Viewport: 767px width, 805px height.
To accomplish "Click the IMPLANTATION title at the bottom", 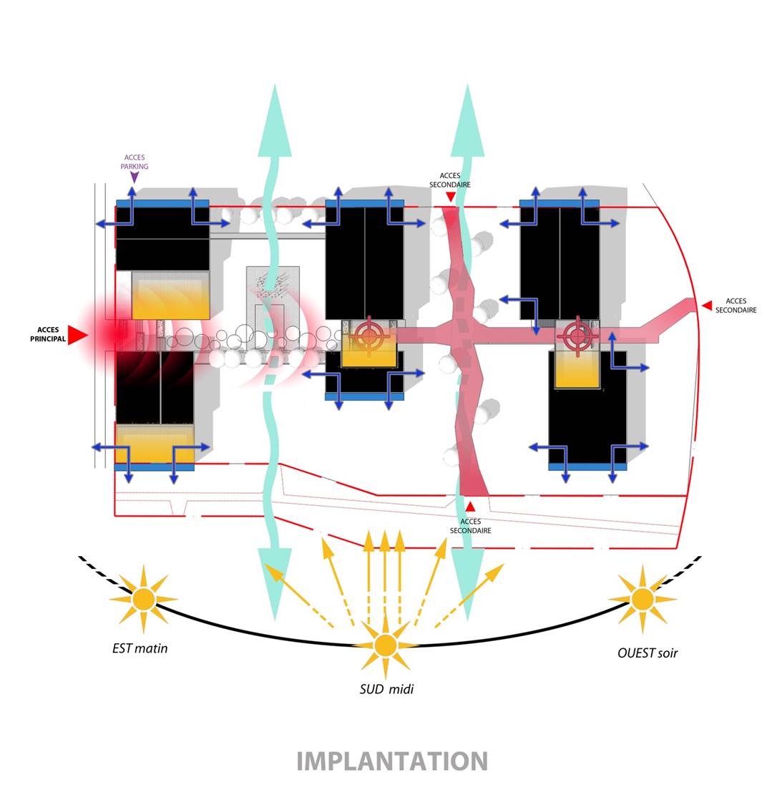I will click(x=391, y=761).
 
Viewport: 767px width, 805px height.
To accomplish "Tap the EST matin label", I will click(x=140, y=648).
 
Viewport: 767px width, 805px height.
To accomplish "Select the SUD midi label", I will click(x=386, y=689).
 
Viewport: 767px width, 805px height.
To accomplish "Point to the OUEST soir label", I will click(x=647, y=653).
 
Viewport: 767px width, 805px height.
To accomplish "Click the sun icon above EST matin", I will click(x=143, y=598).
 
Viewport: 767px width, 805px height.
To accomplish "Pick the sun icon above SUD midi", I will click(x=386, y=645).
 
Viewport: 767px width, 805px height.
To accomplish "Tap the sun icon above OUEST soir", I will click(x=642, y=598).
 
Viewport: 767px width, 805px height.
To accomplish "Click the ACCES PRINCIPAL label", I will click(x=48, y=334).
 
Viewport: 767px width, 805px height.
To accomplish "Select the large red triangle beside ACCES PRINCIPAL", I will click(x=77, y=335).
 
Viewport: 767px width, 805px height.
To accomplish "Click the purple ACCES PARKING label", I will click(x=135, y=162).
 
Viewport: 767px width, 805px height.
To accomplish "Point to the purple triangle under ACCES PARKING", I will click(x=135, y=177).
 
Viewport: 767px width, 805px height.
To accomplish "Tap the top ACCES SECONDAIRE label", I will click(x=450, y=180).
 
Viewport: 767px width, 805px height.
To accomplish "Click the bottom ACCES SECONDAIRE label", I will click(x=470, y=526).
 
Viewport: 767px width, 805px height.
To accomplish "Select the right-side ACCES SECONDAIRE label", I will click(x=736, y=306).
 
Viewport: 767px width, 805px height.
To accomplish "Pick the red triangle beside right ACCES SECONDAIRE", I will click(x=706, y=306).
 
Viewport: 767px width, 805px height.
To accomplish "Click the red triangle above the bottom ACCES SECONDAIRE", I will click(x=470, y=507).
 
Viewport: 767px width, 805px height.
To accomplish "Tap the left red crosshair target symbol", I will click(x=369, y=335).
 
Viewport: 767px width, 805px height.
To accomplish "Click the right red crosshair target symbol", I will click(x=577, y=335).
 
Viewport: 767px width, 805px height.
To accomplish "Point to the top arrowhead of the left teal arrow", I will click(x=275, y=122).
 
